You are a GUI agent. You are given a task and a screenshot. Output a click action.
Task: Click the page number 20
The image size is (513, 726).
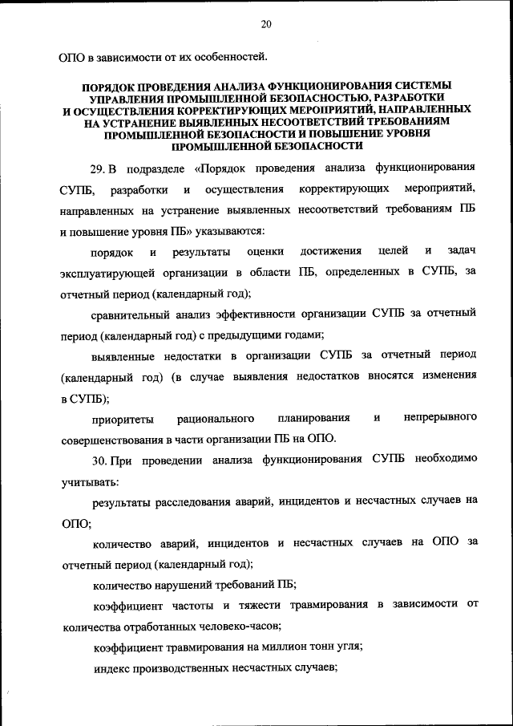[265, 25]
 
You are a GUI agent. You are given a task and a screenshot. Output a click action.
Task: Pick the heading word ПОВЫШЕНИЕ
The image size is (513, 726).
[325, 133]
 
